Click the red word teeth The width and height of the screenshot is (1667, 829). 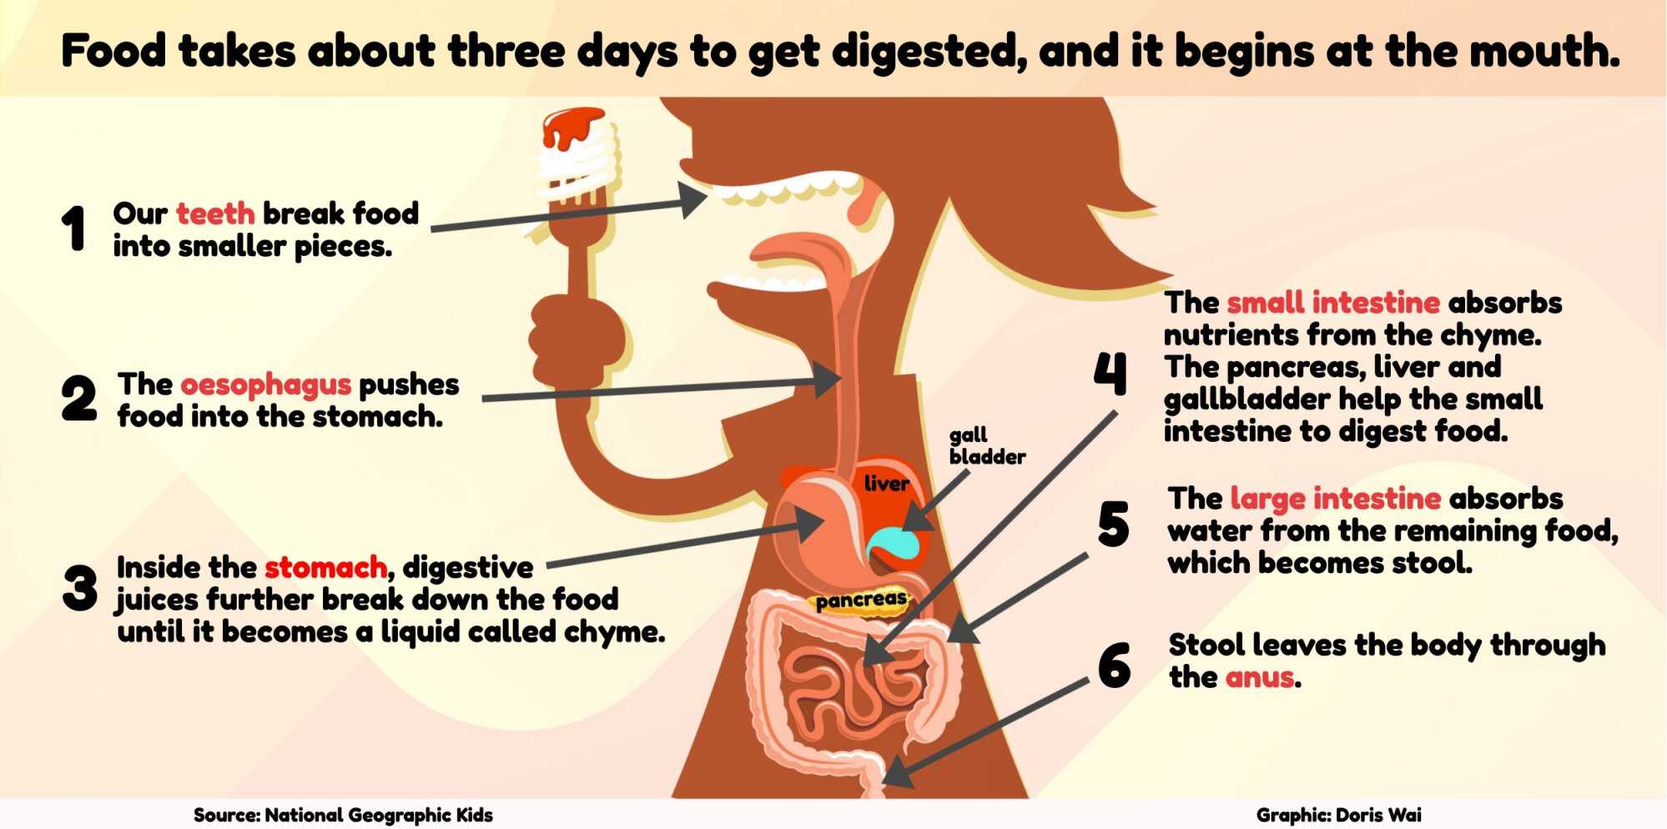click(215, 214)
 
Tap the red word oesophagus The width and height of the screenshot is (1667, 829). click(265, 385)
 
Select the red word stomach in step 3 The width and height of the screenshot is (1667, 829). click(326, 568)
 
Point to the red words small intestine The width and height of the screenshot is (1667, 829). click(1333, 302)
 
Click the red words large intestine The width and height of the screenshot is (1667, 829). click(1335, 499)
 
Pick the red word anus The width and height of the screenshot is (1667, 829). click(1260, 677)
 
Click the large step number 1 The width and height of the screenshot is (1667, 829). click(74, 228)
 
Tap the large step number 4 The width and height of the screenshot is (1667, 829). click(1110, 373)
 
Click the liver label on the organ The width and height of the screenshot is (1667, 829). click(886, 484)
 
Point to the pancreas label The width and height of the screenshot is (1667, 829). click(860, 600)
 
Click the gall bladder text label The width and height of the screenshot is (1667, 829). click(986, 445)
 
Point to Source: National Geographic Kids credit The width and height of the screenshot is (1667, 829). click(343, 815)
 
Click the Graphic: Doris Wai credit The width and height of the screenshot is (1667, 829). click(1338, 815)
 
